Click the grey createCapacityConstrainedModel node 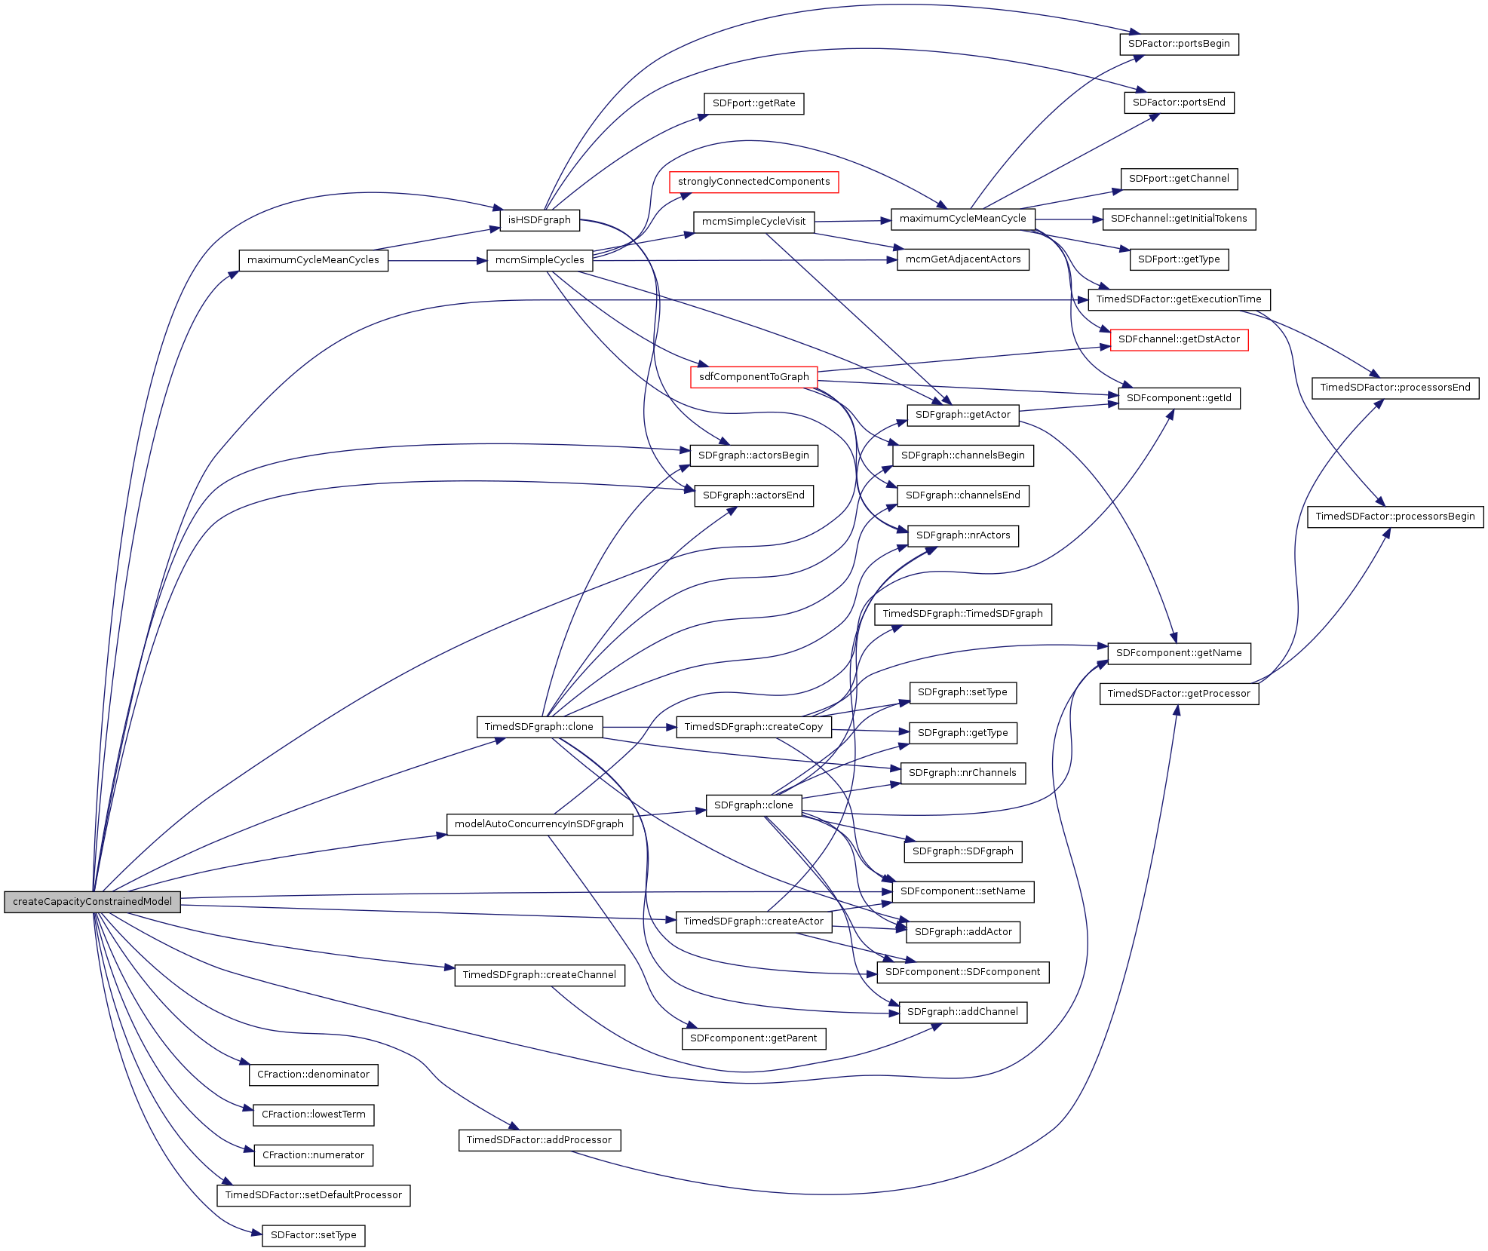(92, 902)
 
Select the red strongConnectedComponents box (753, 182)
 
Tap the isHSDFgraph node (539, 220)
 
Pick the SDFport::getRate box (753, 103)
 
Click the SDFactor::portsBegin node (1179, 44)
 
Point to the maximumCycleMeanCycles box (313, 260)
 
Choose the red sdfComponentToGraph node (753, 377)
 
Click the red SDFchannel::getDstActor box (1179, 339)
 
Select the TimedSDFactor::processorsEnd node (1394, 388)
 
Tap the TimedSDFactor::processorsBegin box (1394, 517)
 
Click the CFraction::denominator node (313, 1075)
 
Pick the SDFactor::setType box (313, 1235)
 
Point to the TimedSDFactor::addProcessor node (539, 1140)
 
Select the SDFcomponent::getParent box (753, 1038)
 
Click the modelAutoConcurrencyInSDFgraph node (539, 824)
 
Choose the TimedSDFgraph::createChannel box (539, 975)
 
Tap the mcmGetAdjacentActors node (963, 259)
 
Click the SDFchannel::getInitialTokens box (1179, 219)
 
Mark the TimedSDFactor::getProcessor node (1179, 694)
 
